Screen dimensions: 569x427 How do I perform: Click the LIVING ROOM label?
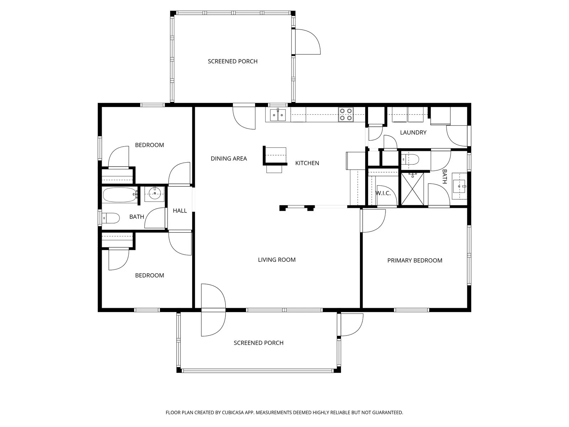[277, 259]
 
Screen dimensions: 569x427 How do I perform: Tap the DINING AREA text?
[229, 158]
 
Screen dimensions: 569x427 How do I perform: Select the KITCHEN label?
[307, 163]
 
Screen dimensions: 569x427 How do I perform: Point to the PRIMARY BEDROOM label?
[415, 260]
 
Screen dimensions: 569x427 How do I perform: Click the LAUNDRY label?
[413, 132]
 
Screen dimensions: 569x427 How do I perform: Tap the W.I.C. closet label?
[383, 193]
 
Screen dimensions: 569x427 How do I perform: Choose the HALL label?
[180, 211]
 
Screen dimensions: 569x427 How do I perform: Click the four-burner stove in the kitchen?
[346, 115]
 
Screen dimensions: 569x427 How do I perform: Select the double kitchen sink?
[278, 115]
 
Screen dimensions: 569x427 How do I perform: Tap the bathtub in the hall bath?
[120, 195]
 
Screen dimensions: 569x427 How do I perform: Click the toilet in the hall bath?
[111, 218]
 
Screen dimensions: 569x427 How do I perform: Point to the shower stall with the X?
[412, 189]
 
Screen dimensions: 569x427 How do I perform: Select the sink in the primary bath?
[460, 186]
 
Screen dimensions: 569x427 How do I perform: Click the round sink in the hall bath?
[154, 194]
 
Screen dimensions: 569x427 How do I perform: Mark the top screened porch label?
[233, 62]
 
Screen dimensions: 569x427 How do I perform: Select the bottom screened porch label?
[259, 343]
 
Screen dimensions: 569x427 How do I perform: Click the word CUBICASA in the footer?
[233, 412]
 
